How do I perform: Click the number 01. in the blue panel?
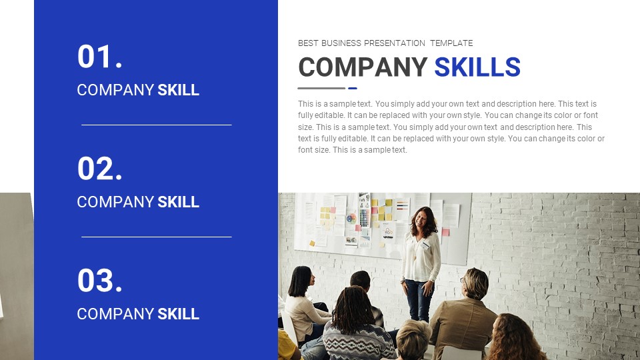[x=100, y=57]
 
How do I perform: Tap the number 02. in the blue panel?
[x=100, y=169]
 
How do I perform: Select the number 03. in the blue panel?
[x=100, y=281]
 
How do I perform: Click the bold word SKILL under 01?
[x=178, y=90]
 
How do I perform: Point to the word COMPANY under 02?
[x=115, y=202]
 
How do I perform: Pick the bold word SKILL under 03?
[x=178, y=314]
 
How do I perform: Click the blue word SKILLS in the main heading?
[x=477, y=67]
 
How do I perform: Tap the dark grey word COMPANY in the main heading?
[x=363, y=67]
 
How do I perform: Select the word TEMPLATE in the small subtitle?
[x=451, y=43]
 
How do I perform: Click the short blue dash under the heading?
[x=353, y=88]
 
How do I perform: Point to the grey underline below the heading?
[x=321, y=88]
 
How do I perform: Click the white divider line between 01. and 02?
[x=157, y=125]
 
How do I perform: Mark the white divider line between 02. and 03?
[x=157, y=237]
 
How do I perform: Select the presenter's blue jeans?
[x=419, y=298]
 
